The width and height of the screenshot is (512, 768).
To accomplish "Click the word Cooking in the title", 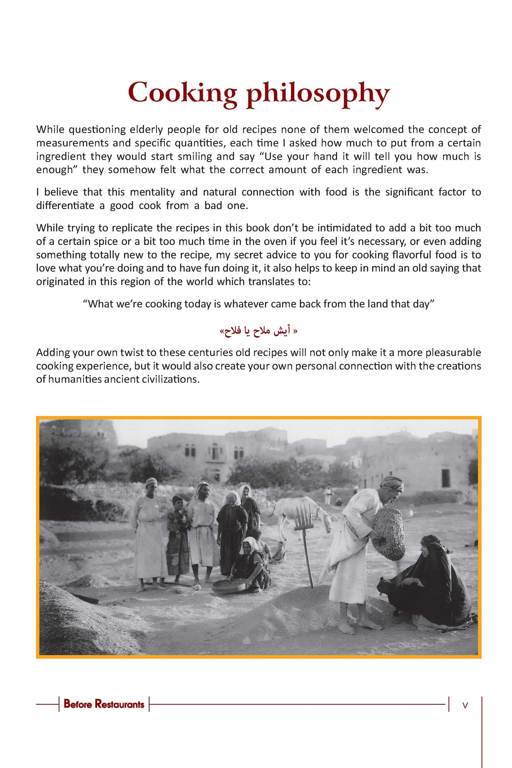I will (182, 93).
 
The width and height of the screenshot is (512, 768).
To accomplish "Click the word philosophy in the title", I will (318, 94).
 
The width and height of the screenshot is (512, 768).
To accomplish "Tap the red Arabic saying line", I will (258, 331).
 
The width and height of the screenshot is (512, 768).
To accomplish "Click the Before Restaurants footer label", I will (104, 704).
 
